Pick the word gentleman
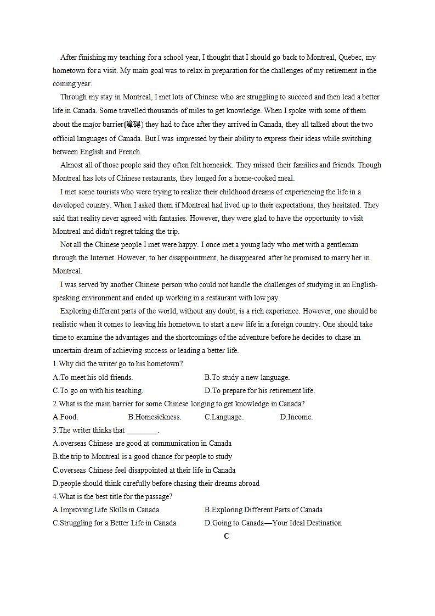(x=340, y=244)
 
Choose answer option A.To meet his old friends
(x=93, y=377)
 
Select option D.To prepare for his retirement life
(x=259, y=390)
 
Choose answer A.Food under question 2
(x=65, y=417)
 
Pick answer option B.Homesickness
(x=154, y=417)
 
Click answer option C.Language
(x=224, y=417)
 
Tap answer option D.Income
(x=296, y=417)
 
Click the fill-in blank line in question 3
(x=142, y=431)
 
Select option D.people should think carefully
(x=156, y=483)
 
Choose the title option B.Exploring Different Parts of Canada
(x=263, y=509)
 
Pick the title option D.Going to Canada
(x=273, y=523)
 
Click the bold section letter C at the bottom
(x=227, y=536)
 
